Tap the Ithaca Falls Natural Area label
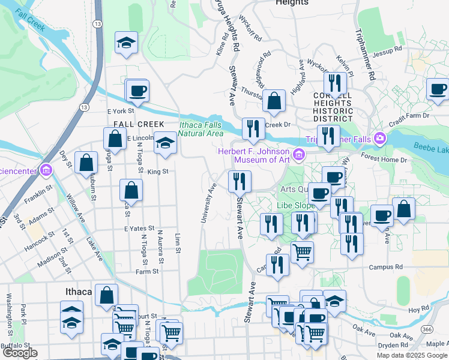(x=200, y=128)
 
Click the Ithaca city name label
(x=77, y=292)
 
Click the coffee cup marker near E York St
(x=137, y=92)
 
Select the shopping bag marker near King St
(x=131, y=191)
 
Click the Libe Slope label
(x=296, y=205)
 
